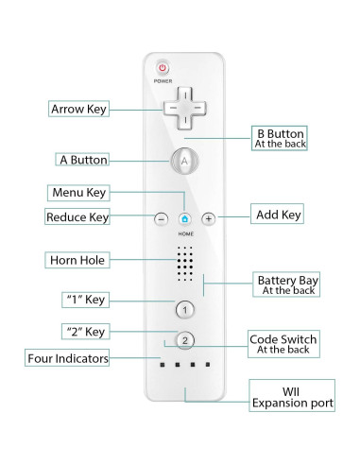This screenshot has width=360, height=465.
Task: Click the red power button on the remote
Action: click(163, 69)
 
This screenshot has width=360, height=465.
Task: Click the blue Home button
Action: click(185, 218)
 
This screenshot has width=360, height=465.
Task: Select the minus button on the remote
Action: click(162, 218)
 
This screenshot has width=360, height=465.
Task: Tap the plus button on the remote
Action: click(209, 218)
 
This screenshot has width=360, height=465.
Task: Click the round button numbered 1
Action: click(185, 309)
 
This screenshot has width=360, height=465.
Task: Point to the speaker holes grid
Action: click(185, 264)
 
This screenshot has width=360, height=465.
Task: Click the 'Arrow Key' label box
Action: click(78, 109)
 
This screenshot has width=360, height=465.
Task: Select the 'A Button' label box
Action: click(81, 160)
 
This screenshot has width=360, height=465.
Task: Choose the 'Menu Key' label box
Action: click(79, 192)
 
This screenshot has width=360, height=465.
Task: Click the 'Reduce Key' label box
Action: click(77, 217)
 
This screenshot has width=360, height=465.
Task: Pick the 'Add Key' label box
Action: click(278, 215)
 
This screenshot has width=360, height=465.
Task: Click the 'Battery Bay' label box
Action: click(287, 284)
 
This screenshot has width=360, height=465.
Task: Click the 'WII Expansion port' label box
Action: click(291, 395)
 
